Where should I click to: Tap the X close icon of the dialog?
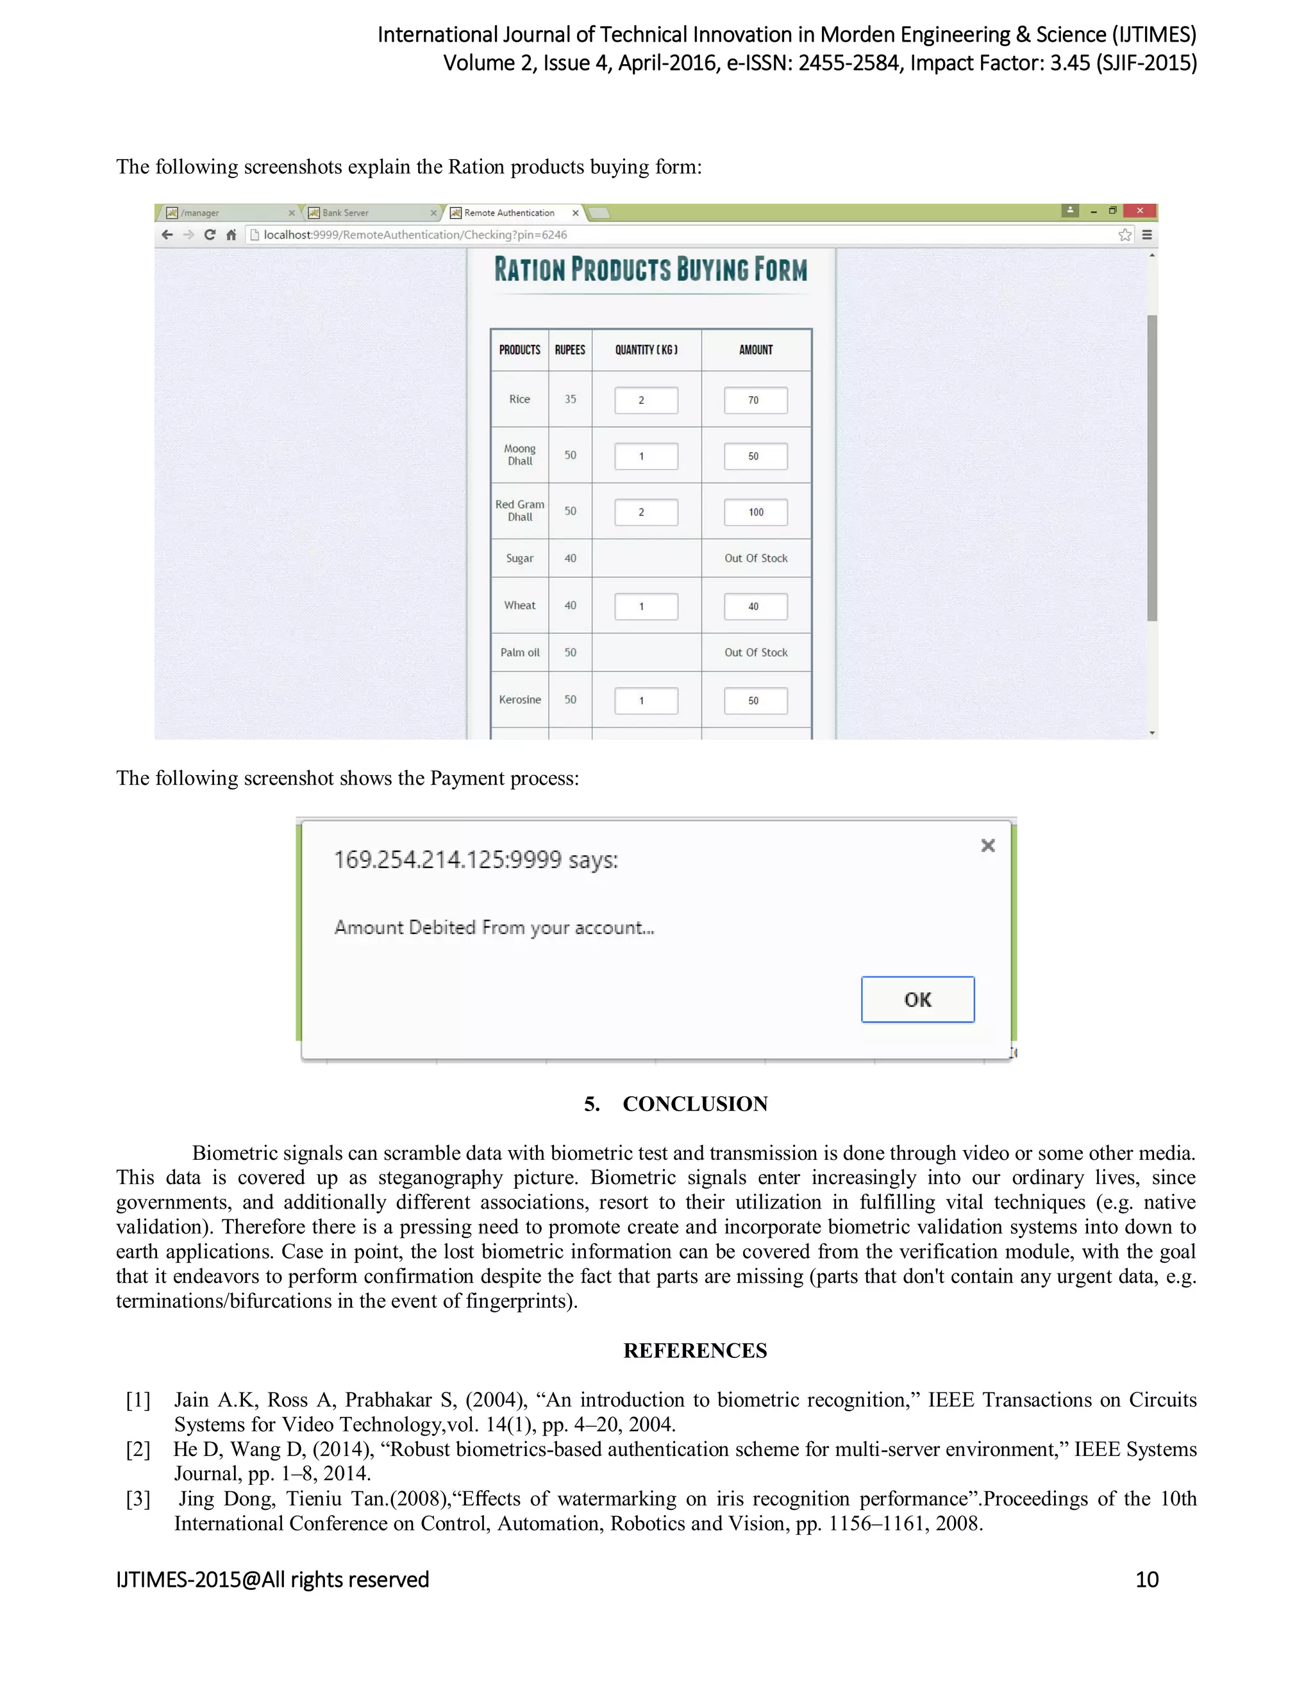(988, 845)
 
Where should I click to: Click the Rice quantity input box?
(646, 400)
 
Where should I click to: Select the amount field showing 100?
(755, 512)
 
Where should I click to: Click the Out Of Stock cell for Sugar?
(755, 558)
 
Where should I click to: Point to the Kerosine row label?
(519, 699)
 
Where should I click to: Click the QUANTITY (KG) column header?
(646, 350)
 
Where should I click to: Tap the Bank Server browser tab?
(346, 212)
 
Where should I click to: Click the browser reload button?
(209, 234)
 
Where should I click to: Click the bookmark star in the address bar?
(1124, 234)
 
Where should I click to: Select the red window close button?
(1139, 210)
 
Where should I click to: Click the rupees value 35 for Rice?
(570, 399)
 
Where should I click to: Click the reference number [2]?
(138, 1450)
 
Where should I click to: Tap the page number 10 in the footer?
(1146, 1579)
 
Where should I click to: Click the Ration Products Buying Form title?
(650, 270)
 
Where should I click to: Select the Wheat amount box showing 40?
(755, 606)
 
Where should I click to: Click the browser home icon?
(231, 234)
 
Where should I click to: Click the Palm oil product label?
(519, 652)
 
